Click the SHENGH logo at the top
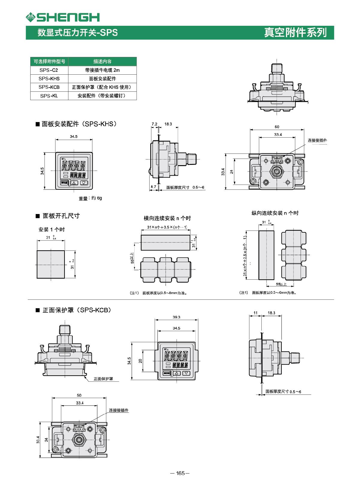(63, 17)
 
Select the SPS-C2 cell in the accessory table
(49, 70)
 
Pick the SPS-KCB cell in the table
(49, 87)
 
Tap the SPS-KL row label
(49, 96)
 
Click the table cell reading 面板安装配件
(102, 79)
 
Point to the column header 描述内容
(102, 61)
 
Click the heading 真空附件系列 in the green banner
(295, 32)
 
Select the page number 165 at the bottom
(180, 473)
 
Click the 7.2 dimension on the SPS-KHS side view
(154, 124)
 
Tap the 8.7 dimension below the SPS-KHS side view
(153, 187)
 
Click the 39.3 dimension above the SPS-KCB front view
(177, 317)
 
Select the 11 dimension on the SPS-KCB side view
(255, 313)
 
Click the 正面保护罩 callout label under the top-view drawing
(103, 379)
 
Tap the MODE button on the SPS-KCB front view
(167, 373)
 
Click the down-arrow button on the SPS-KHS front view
(84, 183)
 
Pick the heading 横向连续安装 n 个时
(167, 218)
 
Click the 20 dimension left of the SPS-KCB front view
(140, 361)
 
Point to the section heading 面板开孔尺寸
(61, 216)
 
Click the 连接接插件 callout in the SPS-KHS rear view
(317, 140)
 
